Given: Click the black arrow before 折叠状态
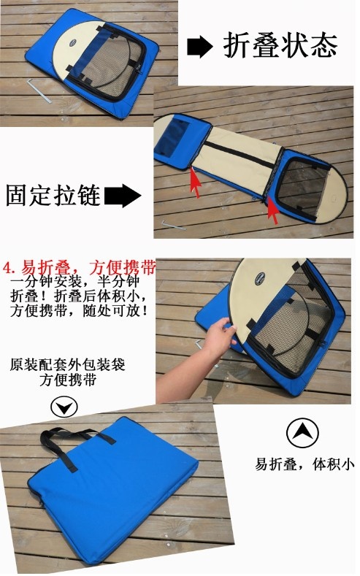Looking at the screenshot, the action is tap(199, 47).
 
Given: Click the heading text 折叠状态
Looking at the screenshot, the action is tap(280, 45).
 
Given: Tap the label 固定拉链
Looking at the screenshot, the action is tap(53, 195).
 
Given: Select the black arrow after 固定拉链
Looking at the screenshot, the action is tap(123, 196).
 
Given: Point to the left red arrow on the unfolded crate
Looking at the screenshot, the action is tap(196, 182).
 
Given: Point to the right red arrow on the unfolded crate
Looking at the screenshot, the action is tap(272, 210).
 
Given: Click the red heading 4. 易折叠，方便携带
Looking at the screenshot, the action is tap(80, 268).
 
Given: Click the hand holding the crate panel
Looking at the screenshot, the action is tap(218, 338).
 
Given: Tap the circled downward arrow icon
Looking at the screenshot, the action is tap(64, 407).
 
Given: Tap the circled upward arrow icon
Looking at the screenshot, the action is tap(302, 433).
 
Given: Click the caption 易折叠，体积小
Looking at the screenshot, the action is tap(305, 465).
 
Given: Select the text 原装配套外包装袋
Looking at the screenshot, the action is tap(68, 365).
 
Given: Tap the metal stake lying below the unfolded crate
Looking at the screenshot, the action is tap(174, 224).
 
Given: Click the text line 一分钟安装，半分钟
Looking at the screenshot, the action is tap(75, 282).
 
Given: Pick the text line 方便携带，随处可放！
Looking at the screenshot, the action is tap(79, 311).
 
